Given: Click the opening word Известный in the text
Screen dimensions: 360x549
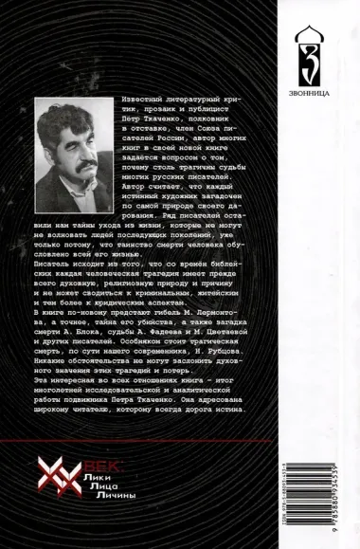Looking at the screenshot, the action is point(141,100).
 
